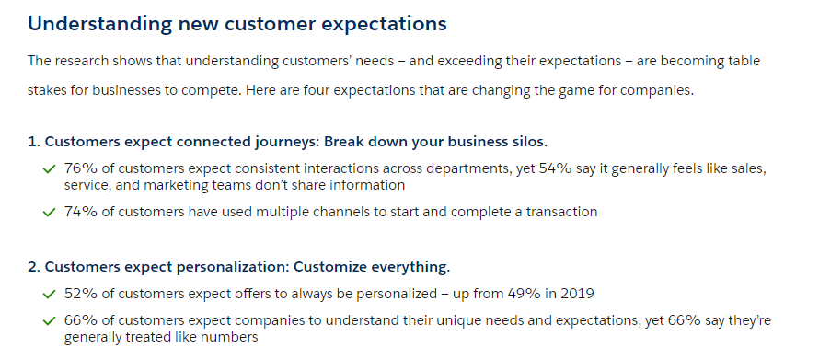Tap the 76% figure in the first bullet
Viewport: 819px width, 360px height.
point(81,168)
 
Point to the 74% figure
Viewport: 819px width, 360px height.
point(81,212)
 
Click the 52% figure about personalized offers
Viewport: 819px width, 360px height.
point(81,294)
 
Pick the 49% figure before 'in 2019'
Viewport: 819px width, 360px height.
point(524,294)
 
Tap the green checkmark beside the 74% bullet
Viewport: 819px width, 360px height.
point(49,212)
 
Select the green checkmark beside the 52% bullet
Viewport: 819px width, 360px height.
point(49,294)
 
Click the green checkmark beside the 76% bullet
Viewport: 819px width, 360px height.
point(49,169)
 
